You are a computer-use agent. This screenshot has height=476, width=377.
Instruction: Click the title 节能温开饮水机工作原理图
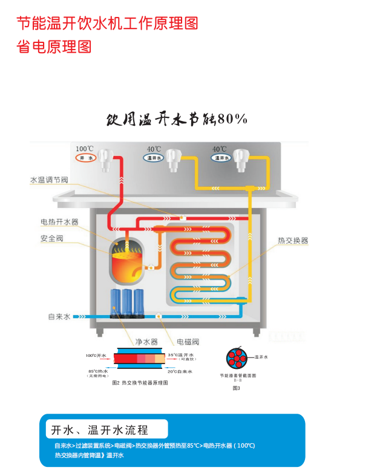(107, 24)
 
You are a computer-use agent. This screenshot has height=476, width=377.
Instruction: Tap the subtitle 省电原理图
(54, 47)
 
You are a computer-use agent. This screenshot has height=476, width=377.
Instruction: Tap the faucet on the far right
(242, 158)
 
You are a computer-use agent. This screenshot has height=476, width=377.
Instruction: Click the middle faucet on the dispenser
(174, 160)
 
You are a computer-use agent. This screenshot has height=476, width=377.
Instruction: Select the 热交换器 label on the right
(293, 240)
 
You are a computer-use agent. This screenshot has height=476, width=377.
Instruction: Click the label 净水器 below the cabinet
(146, 342)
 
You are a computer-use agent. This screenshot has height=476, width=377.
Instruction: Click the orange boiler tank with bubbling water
(128, 261)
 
